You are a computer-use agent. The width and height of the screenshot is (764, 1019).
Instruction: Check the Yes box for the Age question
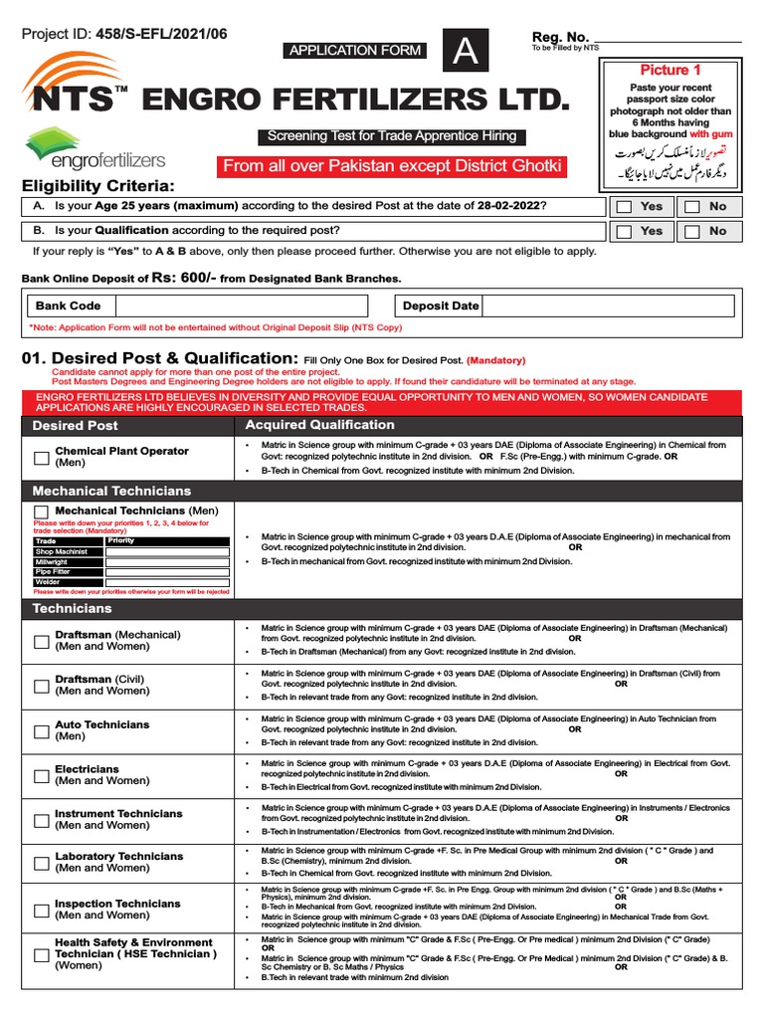(x=623, y=207)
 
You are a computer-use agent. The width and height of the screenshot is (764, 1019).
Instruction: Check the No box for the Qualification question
(x=691, y=231)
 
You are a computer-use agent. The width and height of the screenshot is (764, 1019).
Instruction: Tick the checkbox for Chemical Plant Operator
(x=41, y=458)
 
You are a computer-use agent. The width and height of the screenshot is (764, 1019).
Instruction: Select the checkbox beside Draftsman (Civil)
(x=41, y=686)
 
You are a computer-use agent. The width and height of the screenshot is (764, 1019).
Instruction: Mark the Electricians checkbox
(x=41, y=776)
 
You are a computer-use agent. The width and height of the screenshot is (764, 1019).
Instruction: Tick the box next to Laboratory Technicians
(x=41, y=863)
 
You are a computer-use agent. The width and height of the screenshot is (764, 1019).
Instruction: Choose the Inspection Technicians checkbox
(x=41, y=910)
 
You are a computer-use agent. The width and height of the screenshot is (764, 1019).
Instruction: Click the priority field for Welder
(x=167, y=582)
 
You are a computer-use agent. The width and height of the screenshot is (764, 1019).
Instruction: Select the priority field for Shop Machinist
(x=167, y=550)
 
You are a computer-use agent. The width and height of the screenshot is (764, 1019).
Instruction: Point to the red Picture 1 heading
(x=669, y=70)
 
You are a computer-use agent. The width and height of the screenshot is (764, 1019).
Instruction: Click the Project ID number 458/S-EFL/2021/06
(x=161, y=34)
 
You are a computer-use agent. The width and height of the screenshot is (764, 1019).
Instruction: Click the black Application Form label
(x=356, y=51)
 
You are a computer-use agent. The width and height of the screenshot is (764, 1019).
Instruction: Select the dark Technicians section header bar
(x=382, y=607)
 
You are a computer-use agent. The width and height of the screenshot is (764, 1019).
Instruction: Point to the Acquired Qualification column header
(x=306, y=425)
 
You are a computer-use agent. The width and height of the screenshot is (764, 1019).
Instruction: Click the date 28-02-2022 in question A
(x=502, y=205)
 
